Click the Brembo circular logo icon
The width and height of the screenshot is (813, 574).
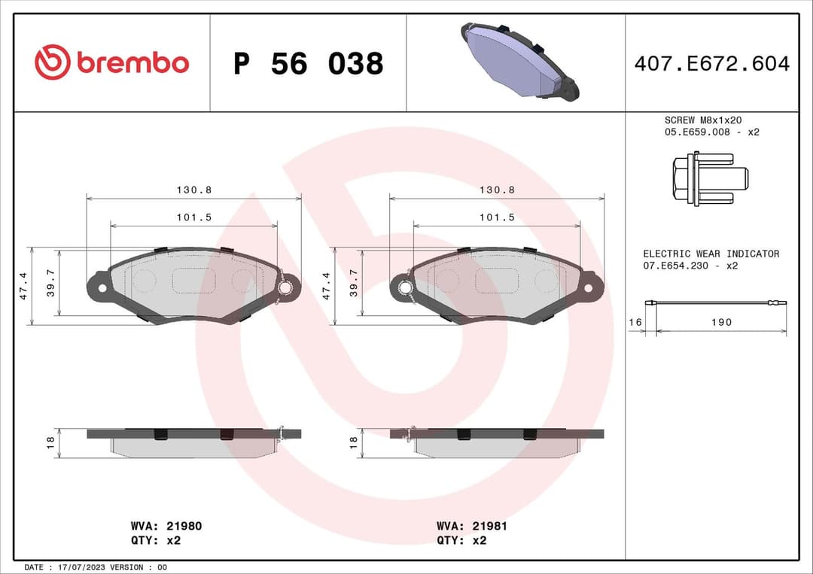(53, 62)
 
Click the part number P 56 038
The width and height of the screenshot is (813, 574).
(308, 64)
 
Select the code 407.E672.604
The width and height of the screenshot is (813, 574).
(711, 64)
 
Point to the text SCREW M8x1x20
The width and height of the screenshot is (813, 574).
(703, 120)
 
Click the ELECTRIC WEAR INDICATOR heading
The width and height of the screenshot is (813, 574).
(711, 254)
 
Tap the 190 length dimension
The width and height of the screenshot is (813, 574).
(720, 322)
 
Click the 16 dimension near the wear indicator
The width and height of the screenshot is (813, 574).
(635, 322)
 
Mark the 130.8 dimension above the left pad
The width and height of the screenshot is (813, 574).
(194, 190)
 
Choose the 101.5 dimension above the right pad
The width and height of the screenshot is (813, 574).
(497, 217)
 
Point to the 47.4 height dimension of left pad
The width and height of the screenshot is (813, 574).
(23, 286)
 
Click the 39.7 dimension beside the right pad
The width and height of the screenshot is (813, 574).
(353, 283)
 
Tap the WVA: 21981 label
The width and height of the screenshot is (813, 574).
(471, 527)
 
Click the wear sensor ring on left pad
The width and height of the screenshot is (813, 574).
(285, 287)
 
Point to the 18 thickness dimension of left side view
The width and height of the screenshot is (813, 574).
(50, 443)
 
